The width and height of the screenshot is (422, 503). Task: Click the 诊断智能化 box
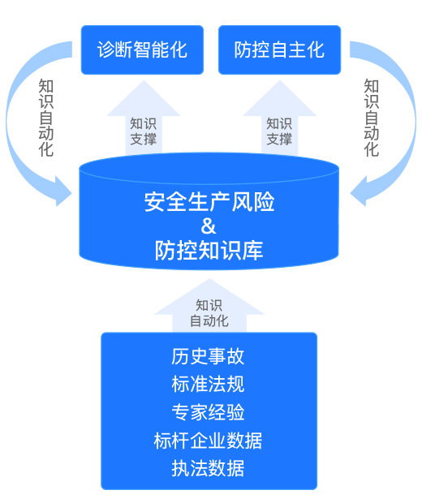pos(142,49)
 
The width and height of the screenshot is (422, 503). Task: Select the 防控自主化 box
pos(279,49)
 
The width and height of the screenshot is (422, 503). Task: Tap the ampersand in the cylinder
pos(209,226)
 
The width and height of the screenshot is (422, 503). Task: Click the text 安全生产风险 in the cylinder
pos(209,202)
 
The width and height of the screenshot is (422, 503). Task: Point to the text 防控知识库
pos(209,250)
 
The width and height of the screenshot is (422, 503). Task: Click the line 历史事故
pos(208,356)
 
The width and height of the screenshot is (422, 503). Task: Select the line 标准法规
pos(208,384)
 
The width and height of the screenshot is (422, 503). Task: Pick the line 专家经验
pos(208,412)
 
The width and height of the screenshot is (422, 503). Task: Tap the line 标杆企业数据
pos(208,440)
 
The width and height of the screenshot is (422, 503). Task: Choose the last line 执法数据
pos(208,468)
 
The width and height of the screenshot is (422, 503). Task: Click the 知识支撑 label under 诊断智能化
pos(143,131)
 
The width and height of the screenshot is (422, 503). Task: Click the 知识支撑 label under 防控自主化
pos(279,131)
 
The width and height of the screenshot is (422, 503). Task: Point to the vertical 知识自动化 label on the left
pos(46,118)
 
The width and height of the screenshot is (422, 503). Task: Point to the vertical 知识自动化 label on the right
pos(372,118)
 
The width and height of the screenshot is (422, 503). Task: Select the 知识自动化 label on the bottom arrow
pos(209,313)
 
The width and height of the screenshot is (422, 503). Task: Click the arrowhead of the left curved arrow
pos(63,191)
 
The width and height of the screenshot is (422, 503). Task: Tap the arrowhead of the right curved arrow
pos(359,191)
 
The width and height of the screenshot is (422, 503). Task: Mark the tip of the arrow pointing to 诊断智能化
pos(144,80)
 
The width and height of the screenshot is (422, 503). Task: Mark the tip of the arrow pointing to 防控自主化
pos(279,80)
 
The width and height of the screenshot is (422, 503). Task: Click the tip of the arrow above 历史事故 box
pos(209,279)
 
